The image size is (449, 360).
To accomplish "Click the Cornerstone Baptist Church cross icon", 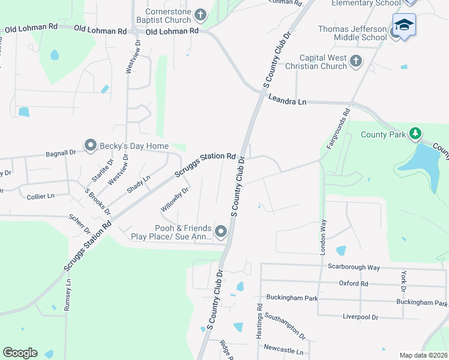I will (x=200, y=14).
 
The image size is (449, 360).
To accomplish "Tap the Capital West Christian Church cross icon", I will (x=356, y=60).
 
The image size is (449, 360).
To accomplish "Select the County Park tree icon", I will (x=414, y=133).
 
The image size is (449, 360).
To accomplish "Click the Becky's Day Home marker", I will (x=91, y=145).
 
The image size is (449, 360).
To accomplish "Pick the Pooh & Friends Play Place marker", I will (x=221, y=231).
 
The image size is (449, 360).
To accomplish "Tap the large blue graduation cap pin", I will (x=404, y=26).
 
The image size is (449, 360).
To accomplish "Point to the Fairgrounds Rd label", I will (x=338, y=128).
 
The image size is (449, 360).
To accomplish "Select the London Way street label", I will (x=323, y=235).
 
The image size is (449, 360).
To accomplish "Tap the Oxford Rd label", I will (x=352, y=283).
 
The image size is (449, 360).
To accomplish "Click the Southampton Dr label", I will (x=285, y=328).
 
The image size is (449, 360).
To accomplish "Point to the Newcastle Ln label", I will (x=283, y=349).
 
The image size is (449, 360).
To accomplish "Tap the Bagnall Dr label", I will (x=61, y=154).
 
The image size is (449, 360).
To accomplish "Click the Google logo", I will (x=20, y=353).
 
